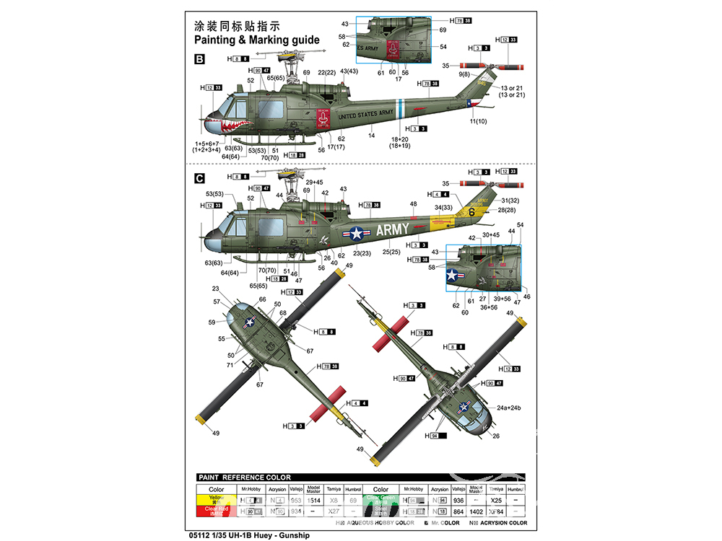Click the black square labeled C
pyautogui.click(x=200, y=178)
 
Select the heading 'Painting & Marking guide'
pyautogui.click(x=257, y=40)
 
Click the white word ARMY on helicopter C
pyautogui.click(x=392, y=230)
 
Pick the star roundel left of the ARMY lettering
pyautogui.click(x=355, y=232)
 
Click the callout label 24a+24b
pyautogui.click(x=509, y=408)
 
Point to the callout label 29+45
pyautogui.click(x=313, y=182)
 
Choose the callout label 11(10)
pyautogui.click(x=477, y=121)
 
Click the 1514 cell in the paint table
pyautogui.click(x=313, y=500)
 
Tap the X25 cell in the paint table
pyautogui.click(x=495, y=500)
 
